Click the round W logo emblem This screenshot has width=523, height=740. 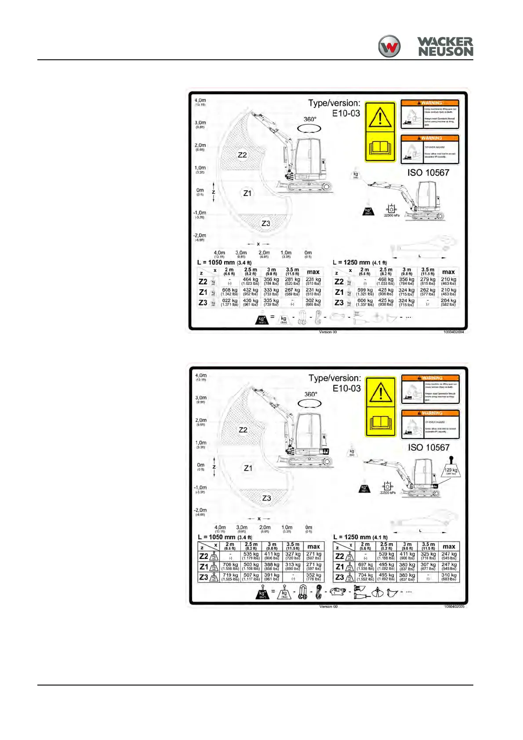point(389,47)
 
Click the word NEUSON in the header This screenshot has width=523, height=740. point(445,52)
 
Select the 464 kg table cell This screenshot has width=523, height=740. point(251,281)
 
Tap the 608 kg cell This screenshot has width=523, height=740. point(229,292)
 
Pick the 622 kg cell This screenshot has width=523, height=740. point(229,302)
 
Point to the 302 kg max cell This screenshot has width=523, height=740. point(313,302)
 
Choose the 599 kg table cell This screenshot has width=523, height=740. point(365,292)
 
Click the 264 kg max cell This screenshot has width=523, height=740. point(448,302)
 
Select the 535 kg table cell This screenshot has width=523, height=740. point(251,556)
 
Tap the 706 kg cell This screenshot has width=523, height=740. point(230,566)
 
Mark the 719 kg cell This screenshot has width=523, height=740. point(230,577)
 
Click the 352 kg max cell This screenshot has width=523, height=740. point(313,577)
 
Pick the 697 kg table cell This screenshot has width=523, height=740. point(365,566)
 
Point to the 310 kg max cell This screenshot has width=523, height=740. point(449,577)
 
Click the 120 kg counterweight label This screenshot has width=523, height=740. point(451,471)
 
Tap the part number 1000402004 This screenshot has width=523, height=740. point(454,332)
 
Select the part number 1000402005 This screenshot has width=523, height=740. point(454,607)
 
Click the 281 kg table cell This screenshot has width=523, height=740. point(292,281)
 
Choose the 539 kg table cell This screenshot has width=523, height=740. point(386,556)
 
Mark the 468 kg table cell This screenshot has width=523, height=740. point(386,281)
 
